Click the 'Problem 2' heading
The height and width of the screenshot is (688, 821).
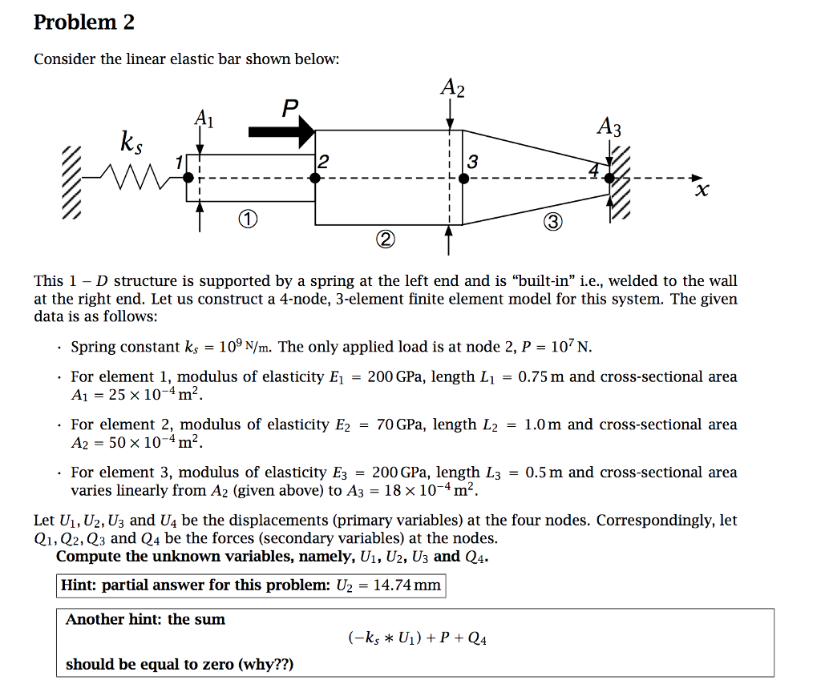click(x=83, y=22)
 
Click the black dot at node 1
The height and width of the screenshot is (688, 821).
click(x=188, y=178)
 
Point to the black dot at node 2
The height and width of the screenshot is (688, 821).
click(x=316, y=178)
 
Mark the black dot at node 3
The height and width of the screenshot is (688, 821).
click(x=451, y=178)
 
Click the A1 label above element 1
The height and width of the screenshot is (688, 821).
click(x=204, y=119)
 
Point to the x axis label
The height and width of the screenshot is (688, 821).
click(x=703, y=191)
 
